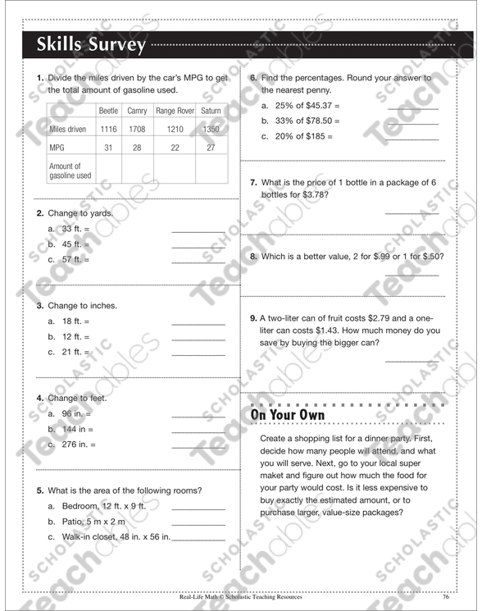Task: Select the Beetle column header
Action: point(108,110)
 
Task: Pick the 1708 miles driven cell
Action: point(137,130)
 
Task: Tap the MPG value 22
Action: point(174,148)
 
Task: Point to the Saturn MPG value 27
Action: point(211,148)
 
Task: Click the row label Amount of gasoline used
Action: point(70,171)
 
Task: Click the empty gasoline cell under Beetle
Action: point(108,171)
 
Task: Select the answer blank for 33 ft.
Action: point(198,230)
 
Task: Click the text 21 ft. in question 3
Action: point(75,352)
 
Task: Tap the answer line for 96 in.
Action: point(198,416)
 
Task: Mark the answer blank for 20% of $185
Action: point(412,139)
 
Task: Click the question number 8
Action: point(253,257)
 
